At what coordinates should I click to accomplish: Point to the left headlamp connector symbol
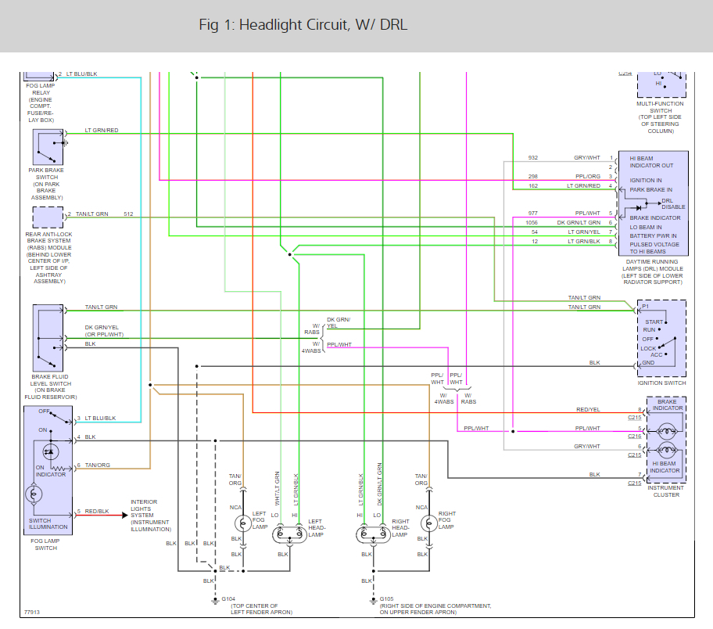[290, 536]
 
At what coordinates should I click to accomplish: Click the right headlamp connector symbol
[372, 536]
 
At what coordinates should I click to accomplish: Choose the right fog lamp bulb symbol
[426, 523]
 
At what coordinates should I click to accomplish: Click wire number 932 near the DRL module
[533, 158]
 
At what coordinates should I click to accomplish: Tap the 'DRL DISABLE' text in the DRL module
[672, 203]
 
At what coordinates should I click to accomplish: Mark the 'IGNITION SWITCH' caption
[662, 383]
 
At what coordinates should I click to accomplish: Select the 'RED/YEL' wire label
[588, 409]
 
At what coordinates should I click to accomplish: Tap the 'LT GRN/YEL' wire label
[583, 232]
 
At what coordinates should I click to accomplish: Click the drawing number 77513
[32, 613]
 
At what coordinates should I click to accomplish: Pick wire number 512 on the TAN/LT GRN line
[128, 214]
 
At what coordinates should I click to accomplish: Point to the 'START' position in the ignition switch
[654, 322]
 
